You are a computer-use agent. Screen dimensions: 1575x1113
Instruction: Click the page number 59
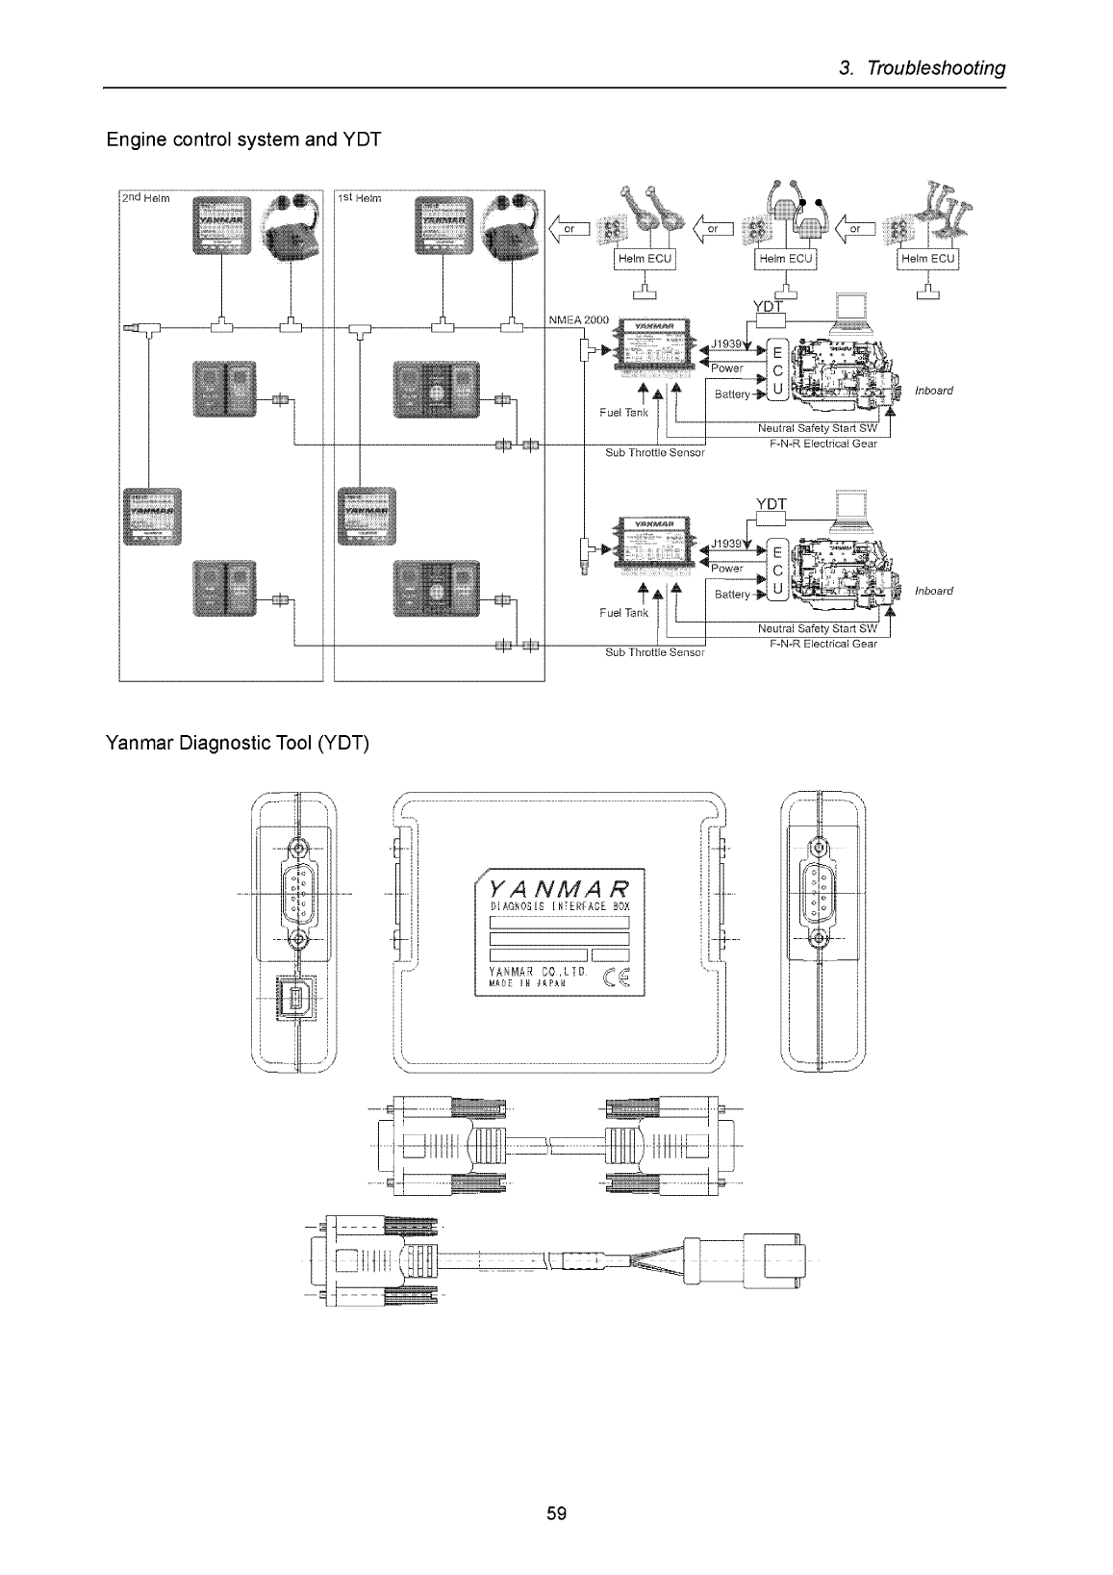pos(556,1513)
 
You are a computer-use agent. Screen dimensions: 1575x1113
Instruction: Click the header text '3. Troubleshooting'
pos(922,68)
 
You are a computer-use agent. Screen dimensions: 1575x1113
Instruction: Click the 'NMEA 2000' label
pos(578,319)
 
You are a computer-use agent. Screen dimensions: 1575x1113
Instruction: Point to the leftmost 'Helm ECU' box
pos(645,259)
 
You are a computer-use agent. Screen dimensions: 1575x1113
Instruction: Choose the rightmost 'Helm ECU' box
pos(928,259)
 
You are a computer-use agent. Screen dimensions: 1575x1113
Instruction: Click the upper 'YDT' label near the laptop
pos(771,305)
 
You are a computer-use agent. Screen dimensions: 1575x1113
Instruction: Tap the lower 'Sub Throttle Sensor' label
pos(655,651)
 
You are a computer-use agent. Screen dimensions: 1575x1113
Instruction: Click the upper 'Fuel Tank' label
pos(623,413)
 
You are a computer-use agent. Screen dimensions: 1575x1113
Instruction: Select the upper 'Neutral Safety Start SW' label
pos(818,429)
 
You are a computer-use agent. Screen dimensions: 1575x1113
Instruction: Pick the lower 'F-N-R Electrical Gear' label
pos(822,644)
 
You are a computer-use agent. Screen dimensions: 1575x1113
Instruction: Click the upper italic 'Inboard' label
pos(933,391)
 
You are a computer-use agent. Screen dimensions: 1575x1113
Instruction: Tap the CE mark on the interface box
pos(613,980)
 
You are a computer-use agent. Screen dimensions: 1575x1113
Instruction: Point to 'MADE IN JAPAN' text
pos(526,984)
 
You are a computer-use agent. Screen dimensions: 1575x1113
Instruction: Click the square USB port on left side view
pos(289,998)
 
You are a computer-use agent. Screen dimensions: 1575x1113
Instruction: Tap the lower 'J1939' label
pos(727,544)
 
